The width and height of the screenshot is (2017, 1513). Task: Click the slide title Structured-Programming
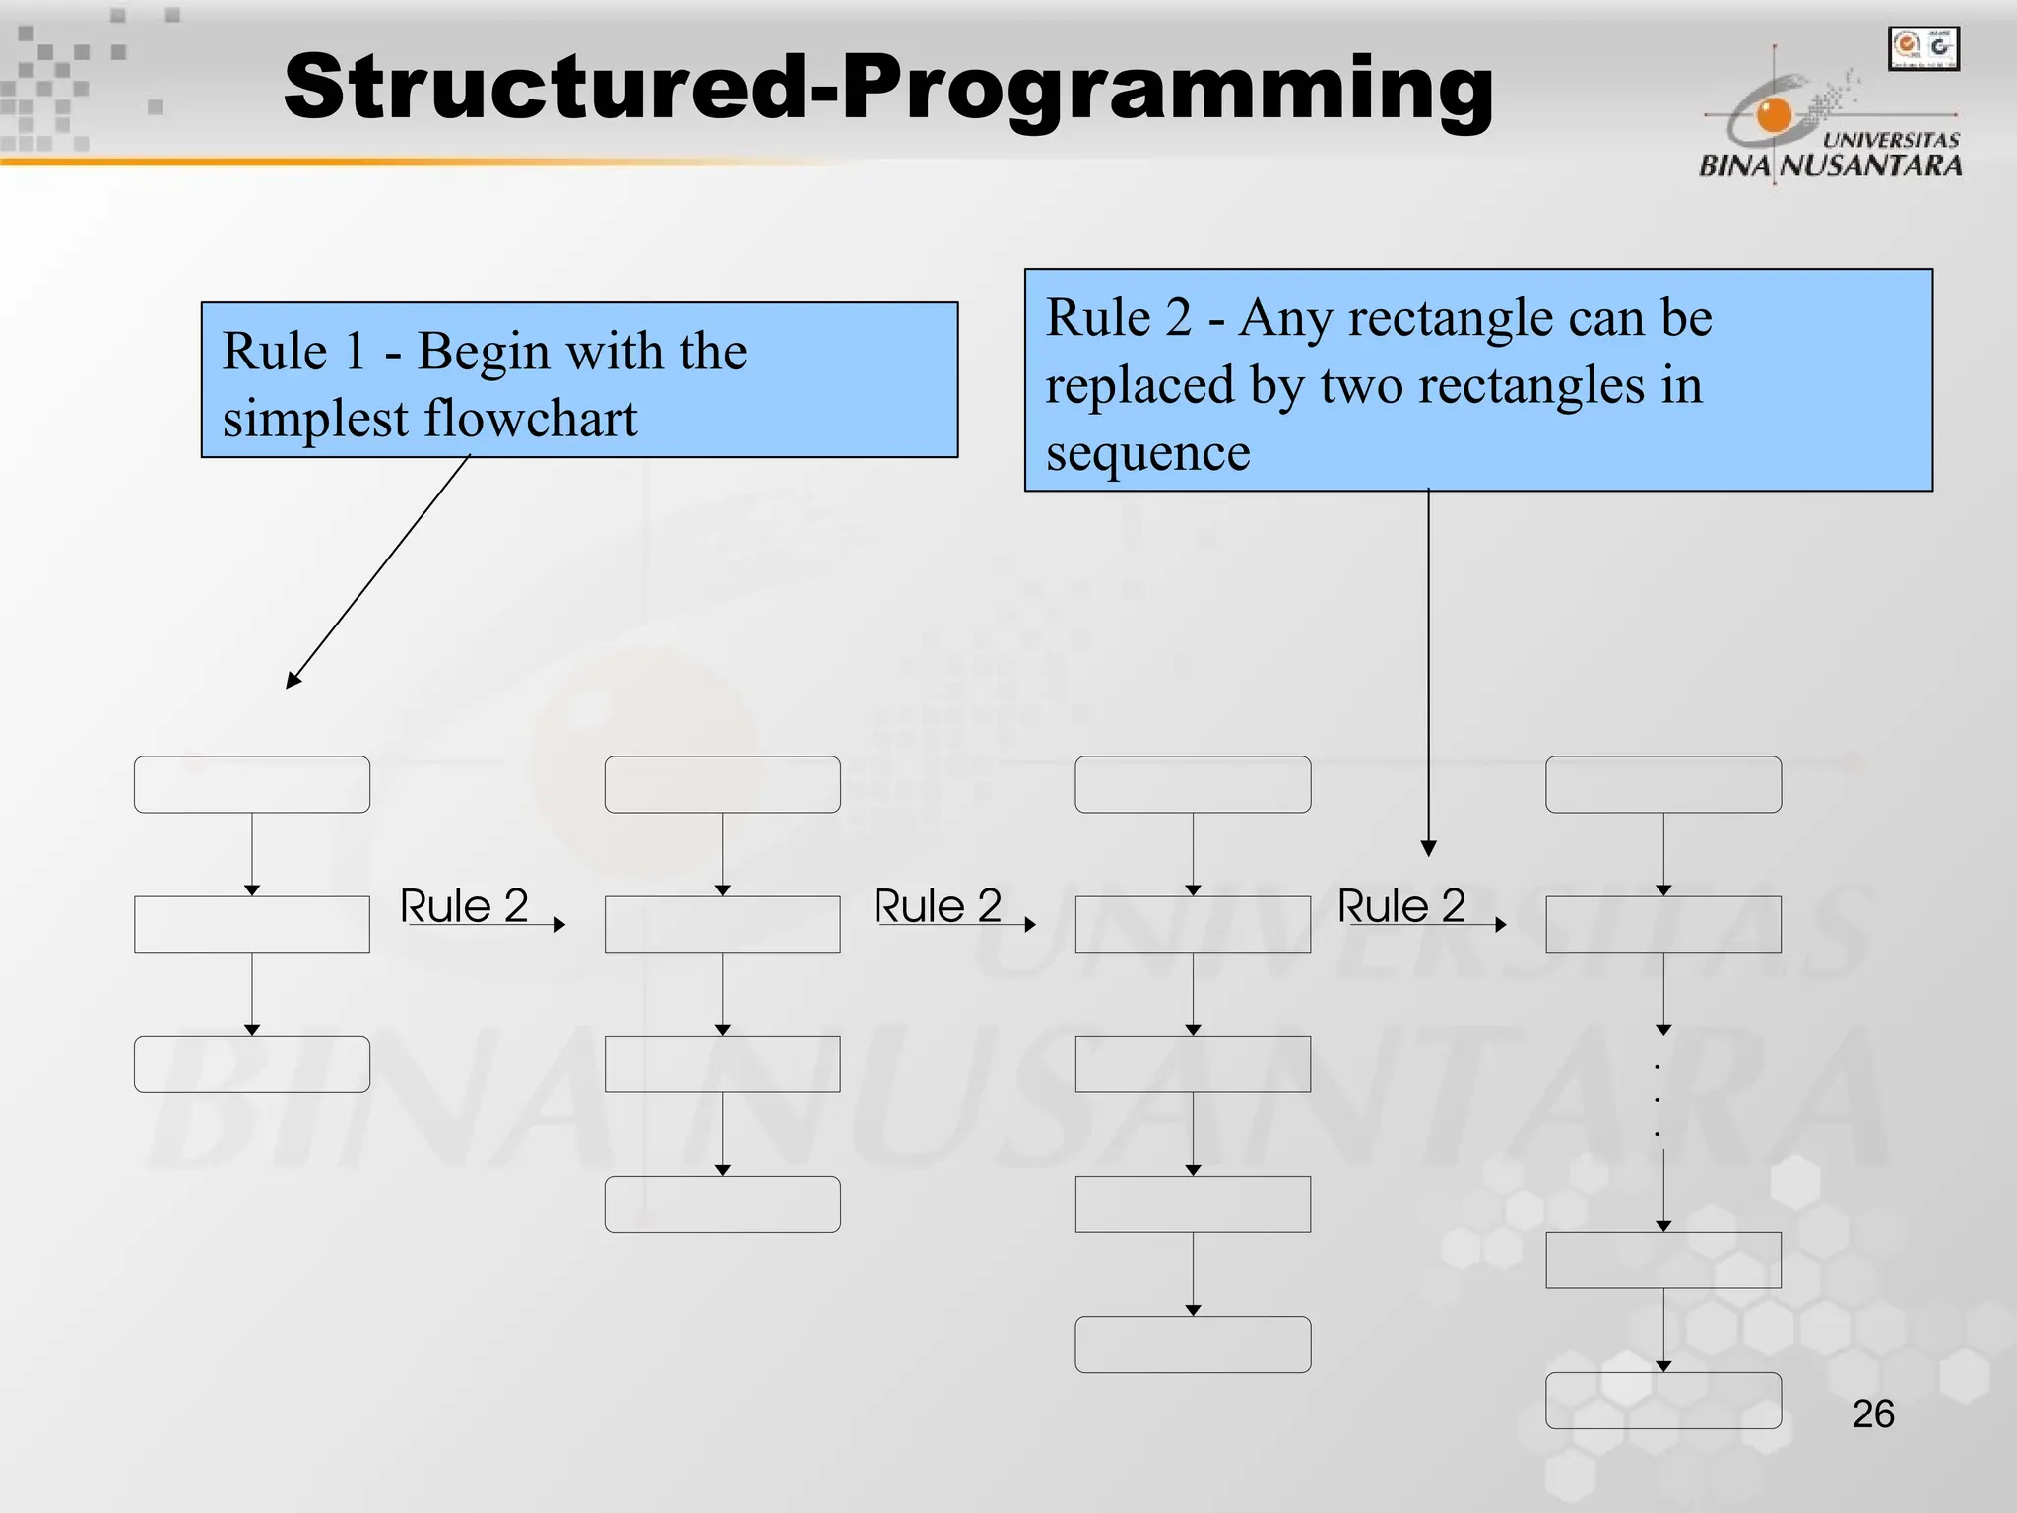888,89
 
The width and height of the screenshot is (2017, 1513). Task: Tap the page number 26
1872,1414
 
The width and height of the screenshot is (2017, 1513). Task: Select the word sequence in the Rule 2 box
1147,454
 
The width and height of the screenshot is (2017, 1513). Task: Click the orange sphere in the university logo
1774,115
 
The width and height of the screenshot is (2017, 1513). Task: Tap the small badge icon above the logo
1923,48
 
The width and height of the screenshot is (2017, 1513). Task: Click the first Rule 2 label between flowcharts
464,906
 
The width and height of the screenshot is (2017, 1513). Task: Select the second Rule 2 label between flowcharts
938,906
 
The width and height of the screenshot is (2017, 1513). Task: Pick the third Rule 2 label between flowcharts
1401,906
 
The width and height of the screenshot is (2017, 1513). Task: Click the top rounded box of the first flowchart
252,785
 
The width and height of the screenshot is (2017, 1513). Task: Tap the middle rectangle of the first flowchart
252,924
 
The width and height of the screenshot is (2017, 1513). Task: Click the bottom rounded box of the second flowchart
722,1204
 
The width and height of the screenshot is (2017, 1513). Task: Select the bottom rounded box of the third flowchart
1193,1345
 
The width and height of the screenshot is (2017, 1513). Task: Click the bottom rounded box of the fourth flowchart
1663,1400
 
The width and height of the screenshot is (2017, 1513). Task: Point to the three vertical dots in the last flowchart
1658,1099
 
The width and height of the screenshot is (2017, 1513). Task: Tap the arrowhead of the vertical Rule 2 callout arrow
1429,848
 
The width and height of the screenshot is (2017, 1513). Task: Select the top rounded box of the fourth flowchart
1663,785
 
